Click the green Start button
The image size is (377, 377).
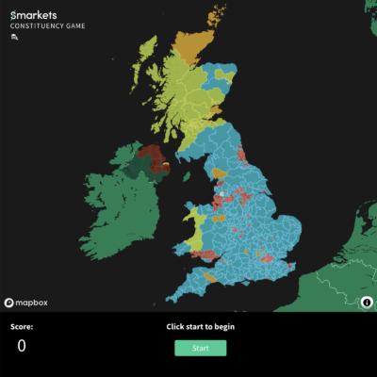200,348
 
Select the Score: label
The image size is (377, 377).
21,326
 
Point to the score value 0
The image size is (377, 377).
21,346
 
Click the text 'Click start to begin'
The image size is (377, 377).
200,326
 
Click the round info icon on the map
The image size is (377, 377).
367,303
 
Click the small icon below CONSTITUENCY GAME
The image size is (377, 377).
14,39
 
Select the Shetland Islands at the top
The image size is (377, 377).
221,14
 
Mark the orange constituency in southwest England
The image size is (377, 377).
211,277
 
